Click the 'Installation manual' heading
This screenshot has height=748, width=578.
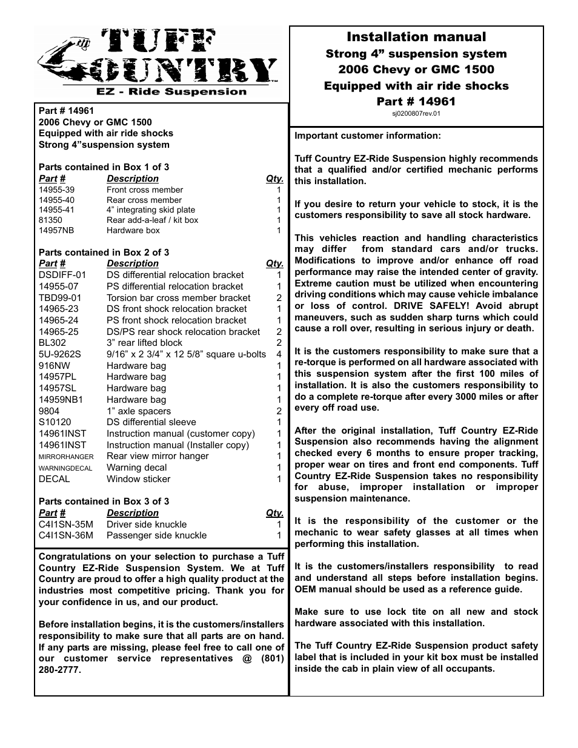416,37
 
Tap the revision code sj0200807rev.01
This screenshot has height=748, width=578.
416,113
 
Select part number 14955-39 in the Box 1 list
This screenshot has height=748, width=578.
57,190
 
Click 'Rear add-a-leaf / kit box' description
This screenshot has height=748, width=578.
152,220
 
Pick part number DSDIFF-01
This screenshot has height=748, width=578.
62,275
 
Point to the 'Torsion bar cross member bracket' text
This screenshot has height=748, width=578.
178,298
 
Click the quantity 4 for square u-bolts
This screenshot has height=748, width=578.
279,354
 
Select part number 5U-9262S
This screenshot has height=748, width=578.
59,354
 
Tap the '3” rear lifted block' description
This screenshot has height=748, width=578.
144,343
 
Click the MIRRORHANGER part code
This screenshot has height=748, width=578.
66,457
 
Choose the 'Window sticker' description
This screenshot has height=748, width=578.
138,479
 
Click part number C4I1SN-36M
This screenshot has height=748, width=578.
66,535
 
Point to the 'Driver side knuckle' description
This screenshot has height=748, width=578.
147,525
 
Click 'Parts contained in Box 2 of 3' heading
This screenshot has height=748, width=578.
104,253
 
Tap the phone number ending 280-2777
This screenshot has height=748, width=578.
59,670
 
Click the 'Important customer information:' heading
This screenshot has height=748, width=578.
368,136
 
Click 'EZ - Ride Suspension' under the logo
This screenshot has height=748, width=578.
172,92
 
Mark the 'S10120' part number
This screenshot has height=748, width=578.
55,422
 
